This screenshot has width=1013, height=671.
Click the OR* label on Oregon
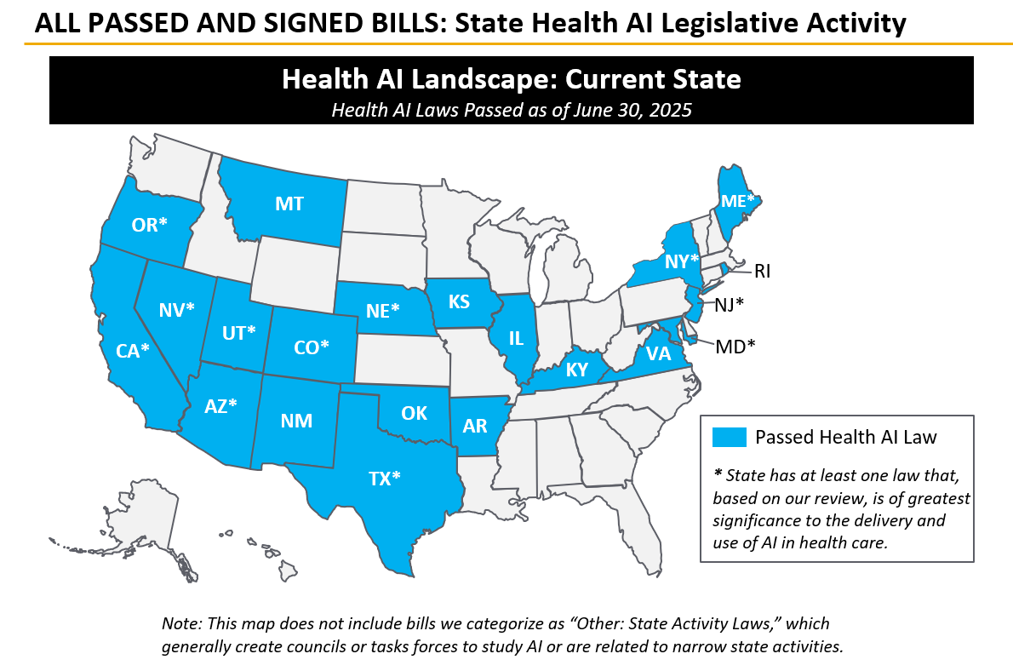click(x=150, y=225)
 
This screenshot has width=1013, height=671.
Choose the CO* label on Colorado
click(x=310, y=347)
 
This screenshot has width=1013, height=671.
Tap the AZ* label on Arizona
click(x=220, y=406)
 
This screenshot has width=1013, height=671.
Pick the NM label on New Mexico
click(x=295, y=421)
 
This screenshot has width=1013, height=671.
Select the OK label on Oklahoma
click(x=414, y=413)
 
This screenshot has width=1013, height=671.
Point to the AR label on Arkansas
click(x=475, y=427)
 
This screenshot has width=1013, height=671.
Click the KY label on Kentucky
click(x=575, y=370)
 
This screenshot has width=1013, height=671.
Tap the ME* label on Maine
click(x=737, y=201)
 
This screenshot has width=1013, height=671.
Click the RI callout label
click(x=761, y=271)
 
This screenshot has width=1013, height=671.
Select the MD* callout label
click(x=735, y=345)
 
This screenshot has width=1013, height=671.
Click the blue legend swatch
click(x=729, y=438)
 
